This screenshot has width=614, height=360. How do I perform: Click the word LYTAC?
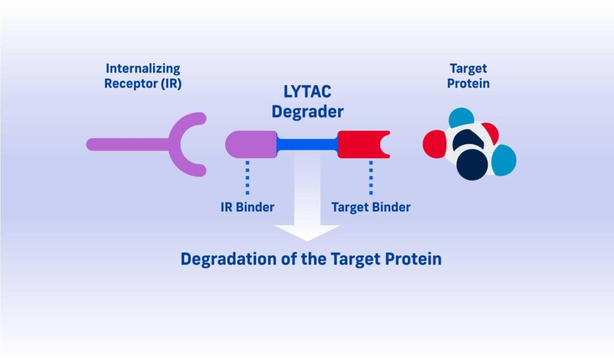point(307,92)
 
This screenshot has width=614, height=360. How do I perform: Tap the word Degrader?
point(307,112)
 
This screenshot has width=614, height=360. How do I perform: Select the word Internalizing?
point(143,69)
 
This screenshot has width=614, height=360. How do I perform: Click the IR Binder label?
point(247,208)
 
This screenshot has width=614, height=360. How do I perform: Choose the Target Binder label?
point(371,208)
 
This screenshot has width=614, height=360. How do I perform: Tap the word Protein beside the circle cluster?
point(468,83)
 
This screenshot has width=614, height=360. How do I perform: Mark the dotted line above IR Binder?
point(247,178)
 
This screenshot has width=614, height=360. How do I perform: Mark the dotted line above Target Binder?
point(371,178)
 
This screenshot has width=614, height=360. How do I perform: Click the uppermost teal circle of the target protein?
point(461,119)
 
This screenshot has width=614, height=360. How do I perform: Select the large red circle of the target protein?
point(436,145)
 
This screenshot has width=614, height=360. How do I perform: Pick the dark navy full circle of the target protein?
point(472,164)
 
